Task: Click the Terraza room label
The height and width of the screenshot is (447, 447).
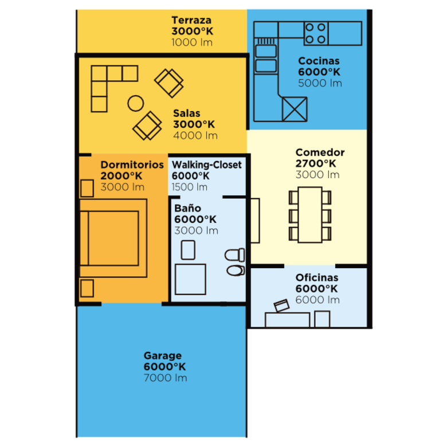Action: coord(191,20)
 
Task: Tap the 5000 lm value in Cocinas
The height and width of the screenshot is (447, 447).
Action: coord(320,83)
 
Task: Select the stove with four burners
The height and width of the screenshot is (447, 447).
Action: coord(316,33)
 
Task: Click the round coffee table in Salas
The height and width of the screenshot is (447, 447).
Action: coord(136,103)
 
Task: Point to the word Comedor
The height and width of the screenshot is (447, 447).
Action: coord(320,152)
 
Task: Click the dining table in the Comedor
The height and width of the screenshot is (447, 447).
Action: coord(310,215)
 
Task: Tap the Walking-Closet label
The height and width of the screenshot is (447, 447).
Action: coord(207,165)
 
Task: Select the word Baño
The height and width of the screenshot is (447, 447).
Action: coord(187,208)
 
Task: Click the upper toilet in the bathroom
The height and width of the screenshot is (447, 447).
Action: coord(235,255)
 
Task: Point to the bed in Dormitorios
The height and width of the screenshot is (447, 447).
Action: coord(113,238)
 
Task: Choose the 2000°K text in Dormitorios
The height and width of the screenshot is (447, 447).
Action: coord(121,176)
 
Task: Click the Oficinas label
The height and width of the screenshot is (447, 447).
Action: coord(317,278)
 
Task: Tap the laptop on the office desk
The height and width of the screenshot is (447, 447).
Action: coord(281,305)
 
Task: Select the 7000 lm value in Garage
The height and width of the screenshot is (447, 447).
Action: coord(166,378)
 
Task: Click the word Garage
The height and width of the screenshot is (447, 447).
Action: coord(163,356)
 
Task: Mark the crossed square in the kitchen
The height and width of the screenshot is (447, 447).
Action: coord(295,109)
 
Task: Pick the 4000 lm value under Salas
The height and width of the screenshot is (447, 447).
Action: coord(195,136)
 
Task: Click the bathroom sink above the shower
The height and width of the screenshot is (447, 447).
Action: coord(188,250)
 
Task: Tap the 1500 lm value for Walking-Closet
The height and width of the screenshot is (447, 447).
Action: coord(189,187)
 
